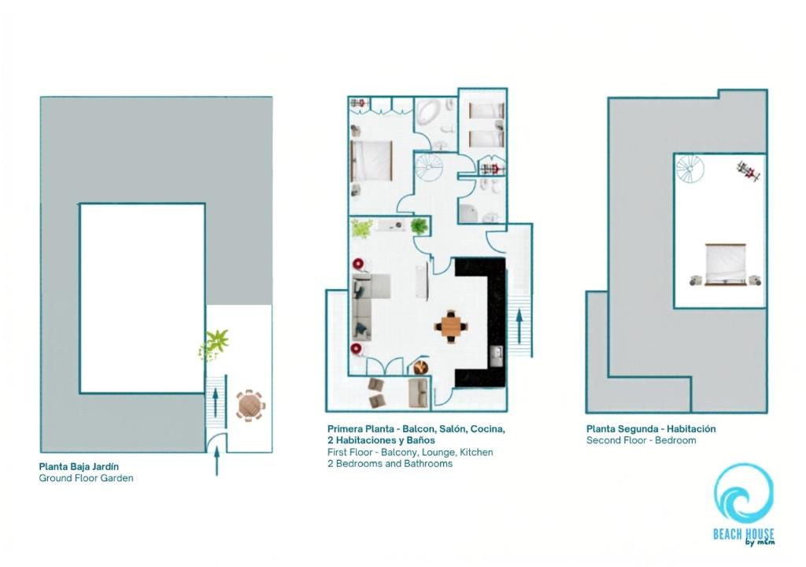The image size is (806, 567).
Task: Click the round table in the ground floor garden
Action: point(250,406)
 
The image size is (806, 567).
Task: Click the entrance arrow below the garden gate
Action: point(217,461)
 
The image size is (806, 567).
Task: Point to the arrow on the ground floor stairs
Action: point(216,400)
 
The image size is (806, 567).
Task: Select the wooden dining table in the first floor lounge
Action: point(451,326)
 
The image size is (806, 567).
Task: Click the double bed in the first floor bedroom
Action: point(372,161)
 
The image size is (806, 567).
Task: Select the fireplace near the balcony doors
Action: point(421,367)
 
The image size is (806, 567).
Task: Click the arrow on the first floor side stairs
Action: point(519,325)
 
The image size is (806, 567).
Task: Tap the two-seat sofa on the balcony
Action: point(419,393)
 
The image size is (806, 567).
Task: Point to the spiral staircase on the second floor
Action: point(690,169)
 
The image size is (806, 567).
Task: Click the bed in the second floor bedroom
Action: point(725,265)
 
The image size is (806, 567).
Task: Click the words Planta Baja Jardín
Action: point(79,467)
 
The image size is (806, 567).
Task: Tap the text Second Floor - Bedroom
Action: point(641,440)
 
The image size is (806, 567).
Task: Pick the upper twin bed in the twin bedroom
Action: point(486,111)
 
